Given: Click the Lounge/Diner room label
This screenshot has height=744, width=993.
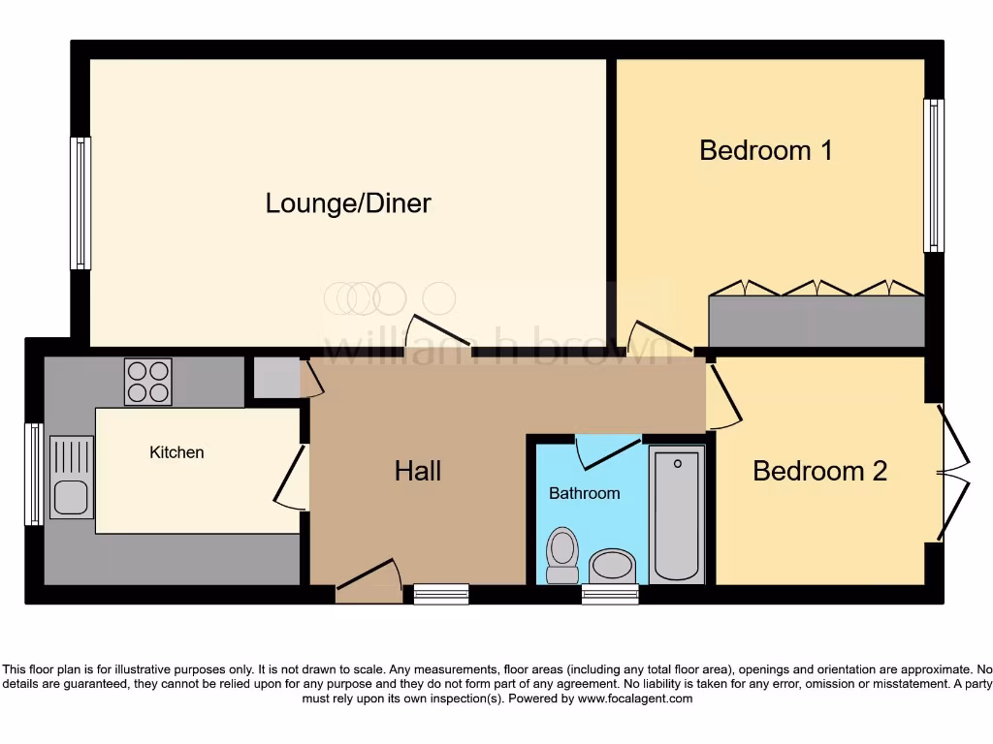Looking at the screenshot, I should [348, 203].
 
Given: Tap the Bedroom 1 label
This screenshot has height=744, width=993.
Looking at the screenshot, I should [766, 151].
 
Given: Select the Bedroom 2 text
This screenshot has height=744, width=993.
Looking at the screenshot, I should [819, 471].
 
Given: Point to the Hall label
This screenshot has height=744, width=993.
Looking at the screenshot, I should [418, 471].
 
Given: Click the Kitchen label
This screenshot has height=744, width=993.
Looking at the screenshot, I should [176, 452].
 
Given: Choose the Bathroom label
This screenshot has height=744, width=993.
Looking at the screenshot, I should [584, 493].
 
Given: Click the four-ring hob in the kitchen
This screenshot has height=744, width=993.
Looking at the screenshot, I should [148, 382].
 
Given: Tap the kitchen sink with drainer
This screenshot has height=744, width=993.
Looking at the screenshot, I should [71, 477].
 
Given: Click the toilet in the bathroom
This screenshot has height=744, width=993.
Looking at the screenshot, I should [561, 556].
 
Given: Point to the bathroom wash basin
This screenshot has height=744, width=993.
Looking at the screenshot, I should [612, 565].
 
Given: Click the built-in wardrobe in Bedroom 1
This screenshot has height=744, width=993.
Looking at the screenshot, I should [817, 321].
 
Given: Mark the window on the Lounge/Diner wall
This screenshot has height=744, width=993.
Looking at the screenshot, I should [80, 203].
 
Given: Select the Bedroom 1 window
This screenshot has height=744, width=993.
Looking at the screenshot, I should [933, 175].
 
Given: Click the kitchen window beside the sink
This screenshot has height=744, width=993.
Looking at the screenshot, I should [34, 474].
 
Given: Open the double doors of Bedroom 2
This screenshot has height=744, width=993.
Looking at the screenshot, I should [952, 472].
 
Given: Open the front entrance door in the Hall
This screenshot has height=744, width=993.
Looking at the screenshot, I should [368, 584].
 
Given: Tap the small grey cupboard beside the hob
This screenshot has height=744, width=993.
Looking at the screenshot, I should [276, 377].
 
